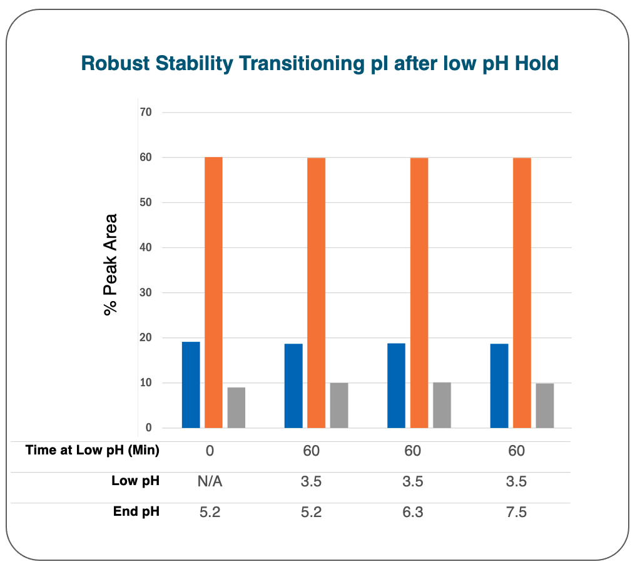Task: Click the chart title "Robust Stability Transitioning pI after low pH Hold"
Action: click(320, 64)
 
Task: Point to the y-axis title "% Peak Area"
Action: click(110, 265)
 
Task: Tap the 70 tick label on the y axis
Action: click(146, 112)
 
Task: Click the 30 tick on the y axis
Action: click(146, 292)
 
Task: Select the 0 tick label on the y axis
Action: click(149, 428)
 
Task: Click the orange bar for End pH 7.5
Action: click(522, 293)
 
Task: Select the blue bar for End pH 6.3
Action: click(396, 386)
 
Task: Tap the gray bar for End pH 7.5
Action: click(545, 406)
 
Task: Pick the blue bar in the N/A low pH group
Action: click(191, 385)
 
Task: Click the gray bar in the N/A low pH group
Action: click(236, 407)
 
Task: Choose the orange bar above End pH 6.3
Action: click(419, 293)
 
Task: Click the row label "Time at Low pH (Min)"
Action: click(93, 450)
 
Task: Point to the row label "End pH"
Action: click(136, 511)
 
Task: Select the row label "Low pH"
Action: click(135, 481)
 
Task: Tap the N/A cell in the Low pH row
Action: click(210, 481)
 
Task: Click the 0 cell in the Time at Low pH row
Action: click(210, 451)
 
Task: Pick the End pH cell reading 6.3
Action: click(413, 512)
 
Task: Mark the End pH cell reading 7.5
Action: click(516, 512)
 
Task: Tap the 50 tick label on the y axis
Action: click(146, 202)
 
